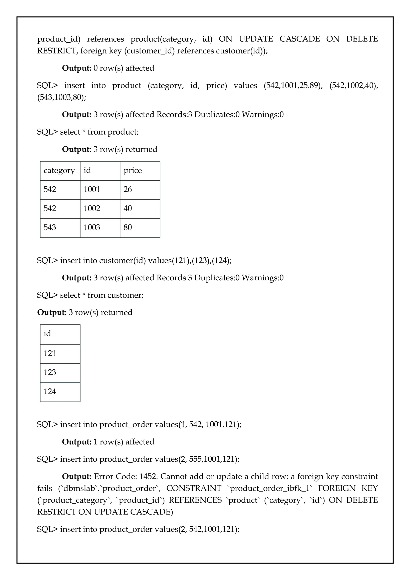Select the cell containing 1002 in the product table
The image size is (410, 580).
[92, 208]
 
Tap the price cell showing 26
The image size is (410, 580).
[128, 189]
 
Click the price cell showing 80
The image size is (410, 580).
[128, 227]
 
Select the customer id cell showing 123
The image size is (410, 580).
[50, 372]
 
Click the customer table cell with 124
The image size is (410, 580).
[50, 392]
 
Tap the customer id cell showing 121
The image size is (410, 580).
[50, 353]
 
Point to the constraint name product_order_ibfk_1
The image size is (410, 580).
[270, 488]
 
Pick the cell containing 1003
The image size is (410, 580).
[92, 227]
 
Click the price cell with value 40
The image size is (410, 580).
[128, 208]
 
